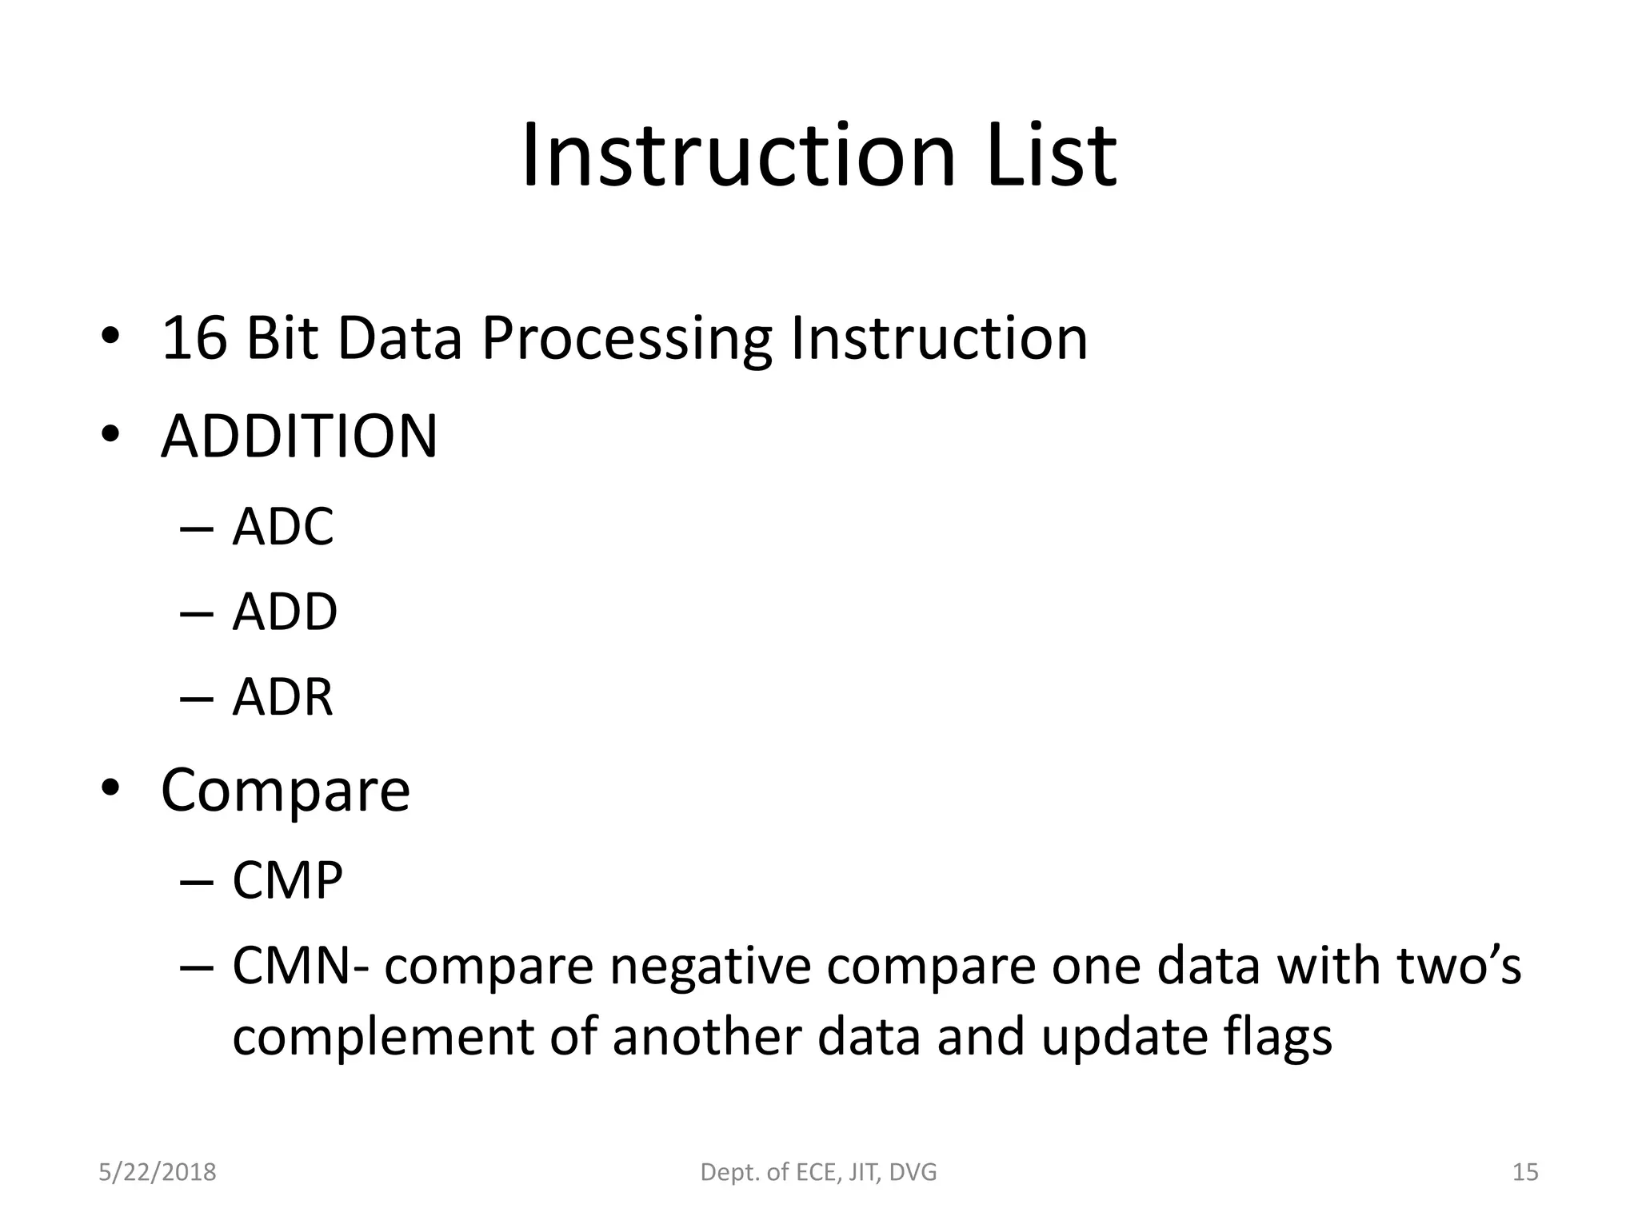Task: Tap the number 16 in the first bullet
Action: point(194,338)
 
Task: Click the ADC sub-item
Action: point(282,527)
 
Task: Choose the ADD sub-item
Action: point(285,612)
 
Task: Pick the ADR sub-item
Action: point(282,697)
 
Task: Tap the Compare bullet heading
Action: point(286,791)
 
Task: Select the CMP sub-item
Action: point(287,881)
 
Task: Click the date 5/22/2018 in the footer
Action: point(158,1172)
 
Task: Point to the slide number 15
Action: point(1525,1172)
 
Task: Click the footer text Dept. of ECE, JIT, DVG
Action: point(818,1172)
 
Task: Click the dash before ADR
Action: point(197,698)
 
